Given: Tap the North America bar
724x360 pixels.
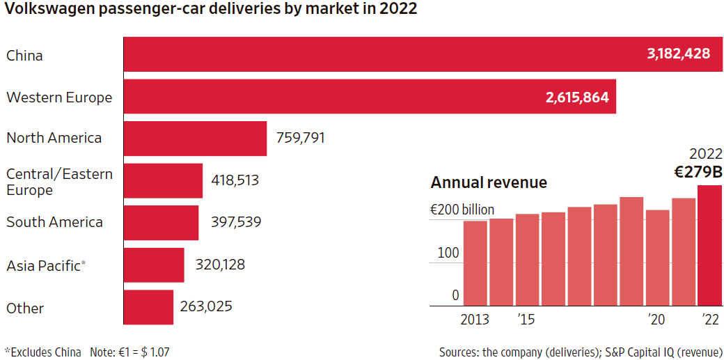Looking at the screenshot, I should pos(195,138).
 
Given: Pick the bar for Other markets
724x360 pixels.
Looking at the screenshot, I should pos(148,307).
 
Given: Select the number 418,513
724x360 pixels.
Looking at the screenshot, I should pos(235,180).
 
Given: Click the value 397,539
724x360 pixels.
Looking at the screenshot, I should pos(236,222).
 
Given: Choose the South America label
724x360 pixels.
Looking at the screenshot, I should pos(54,222).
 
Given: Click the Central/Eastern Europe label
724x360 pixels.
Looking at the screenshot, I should pos(59,181).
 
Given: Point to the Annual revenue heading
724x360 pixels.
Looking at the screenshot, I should pos(489,182).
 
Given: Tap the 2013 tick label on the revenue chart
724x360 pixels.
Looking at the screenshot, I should pos(475,320).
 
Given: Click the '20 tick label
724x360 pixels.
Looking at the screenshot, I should pos(656,320).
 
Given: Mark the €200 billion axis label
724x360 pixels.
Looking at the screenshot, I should pos(462,210).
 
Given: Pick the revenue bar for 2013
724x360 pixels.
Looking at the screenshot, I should pos(475,263).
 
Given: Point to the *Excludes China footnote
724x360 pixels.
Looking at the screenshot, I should pos(42,352).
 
